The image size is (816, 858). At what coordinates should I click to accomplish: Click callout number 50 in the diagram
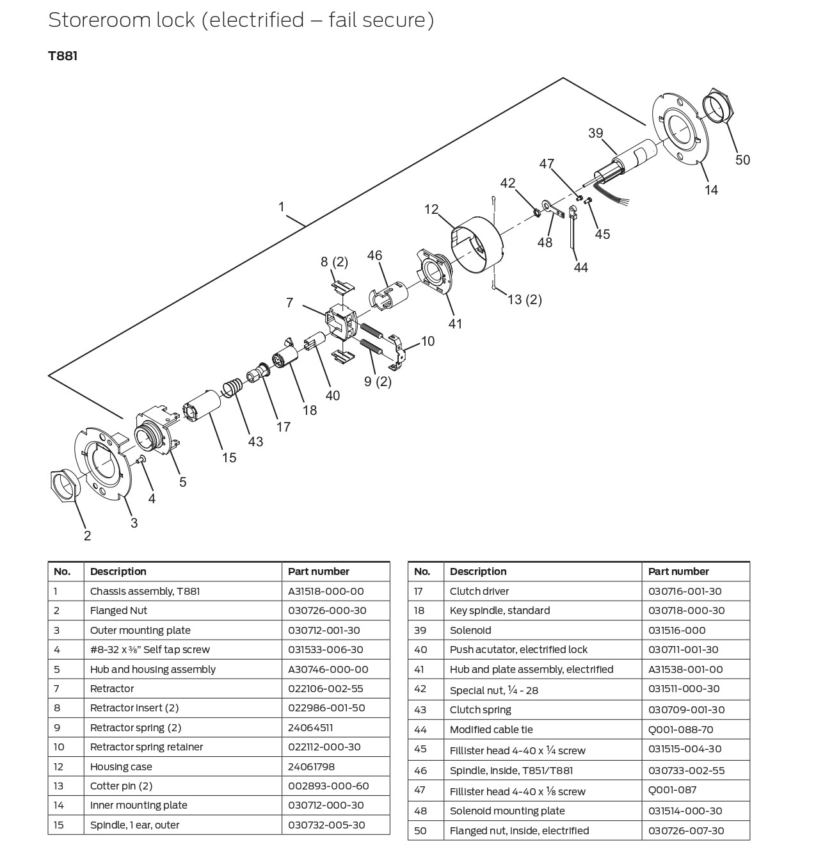click(x=742, y=159)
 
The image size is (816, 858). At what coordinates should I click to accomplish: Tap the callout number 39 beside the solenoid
click(x=595, y=133)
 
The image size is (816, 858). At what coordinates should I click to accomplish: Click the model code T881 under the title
click(x=63, y=56)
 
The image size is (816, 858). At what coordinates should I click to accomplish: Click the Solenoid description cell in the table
click(x=470, y=630)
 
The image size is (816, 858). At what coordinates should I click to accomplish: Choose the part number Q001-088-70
click(x=680, y=729)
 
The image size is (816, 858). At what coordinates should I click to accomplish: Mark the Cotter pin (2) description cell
click(x=122, y=786)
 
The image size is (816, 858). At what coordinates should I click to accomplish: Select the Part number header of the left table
click(x=319, y=571)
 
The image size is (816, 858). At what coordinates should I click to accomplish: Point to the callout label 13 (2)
click(x=524, y=299)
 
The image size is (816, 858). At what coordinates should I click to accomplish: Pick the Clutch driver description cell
click(x=479, y=591)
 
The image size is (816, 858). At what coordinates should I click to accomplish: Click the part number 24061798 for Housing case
click(x=312, y=766)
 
